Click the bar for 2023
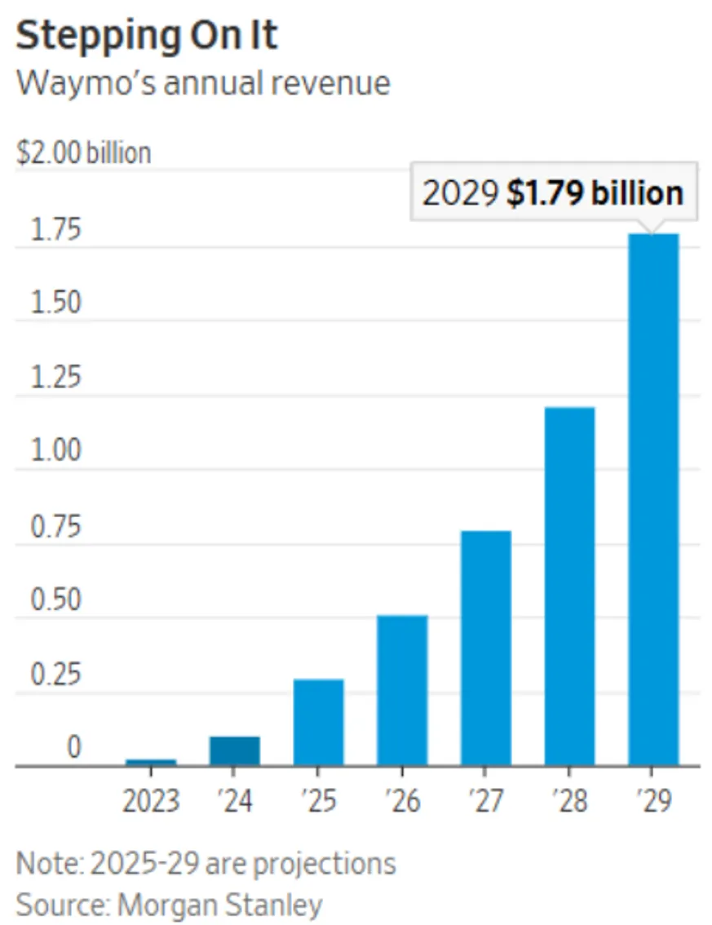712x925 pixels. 151,762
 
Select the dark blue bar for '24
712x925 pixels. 235,751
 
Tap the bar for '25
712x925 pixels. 319,723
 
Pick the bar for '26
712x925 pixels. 402,691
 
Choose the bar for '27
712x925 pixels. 486,648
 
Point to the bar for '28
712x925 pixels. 570,586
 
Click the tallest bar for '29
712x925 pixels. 653,500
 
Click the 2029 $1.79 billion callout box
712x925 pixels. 554,192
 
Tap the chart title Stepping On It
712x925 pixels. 146,35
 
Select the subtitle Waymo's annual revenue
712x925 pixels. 204,82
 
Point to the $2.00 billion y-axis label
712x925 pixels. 84,153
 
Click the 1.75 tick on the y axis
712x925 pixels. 55,229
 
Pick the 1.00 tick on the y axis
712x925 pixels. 55,451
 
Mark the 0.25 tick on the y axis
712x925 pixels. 55,674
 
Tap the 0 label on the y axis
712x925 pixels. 73,747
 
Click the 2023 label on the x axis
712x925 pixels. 151,801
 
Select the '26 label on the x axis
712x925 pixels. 403,801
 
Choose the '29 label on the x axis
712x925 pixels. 654,801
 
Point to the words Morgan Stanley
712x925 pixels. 220,905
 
